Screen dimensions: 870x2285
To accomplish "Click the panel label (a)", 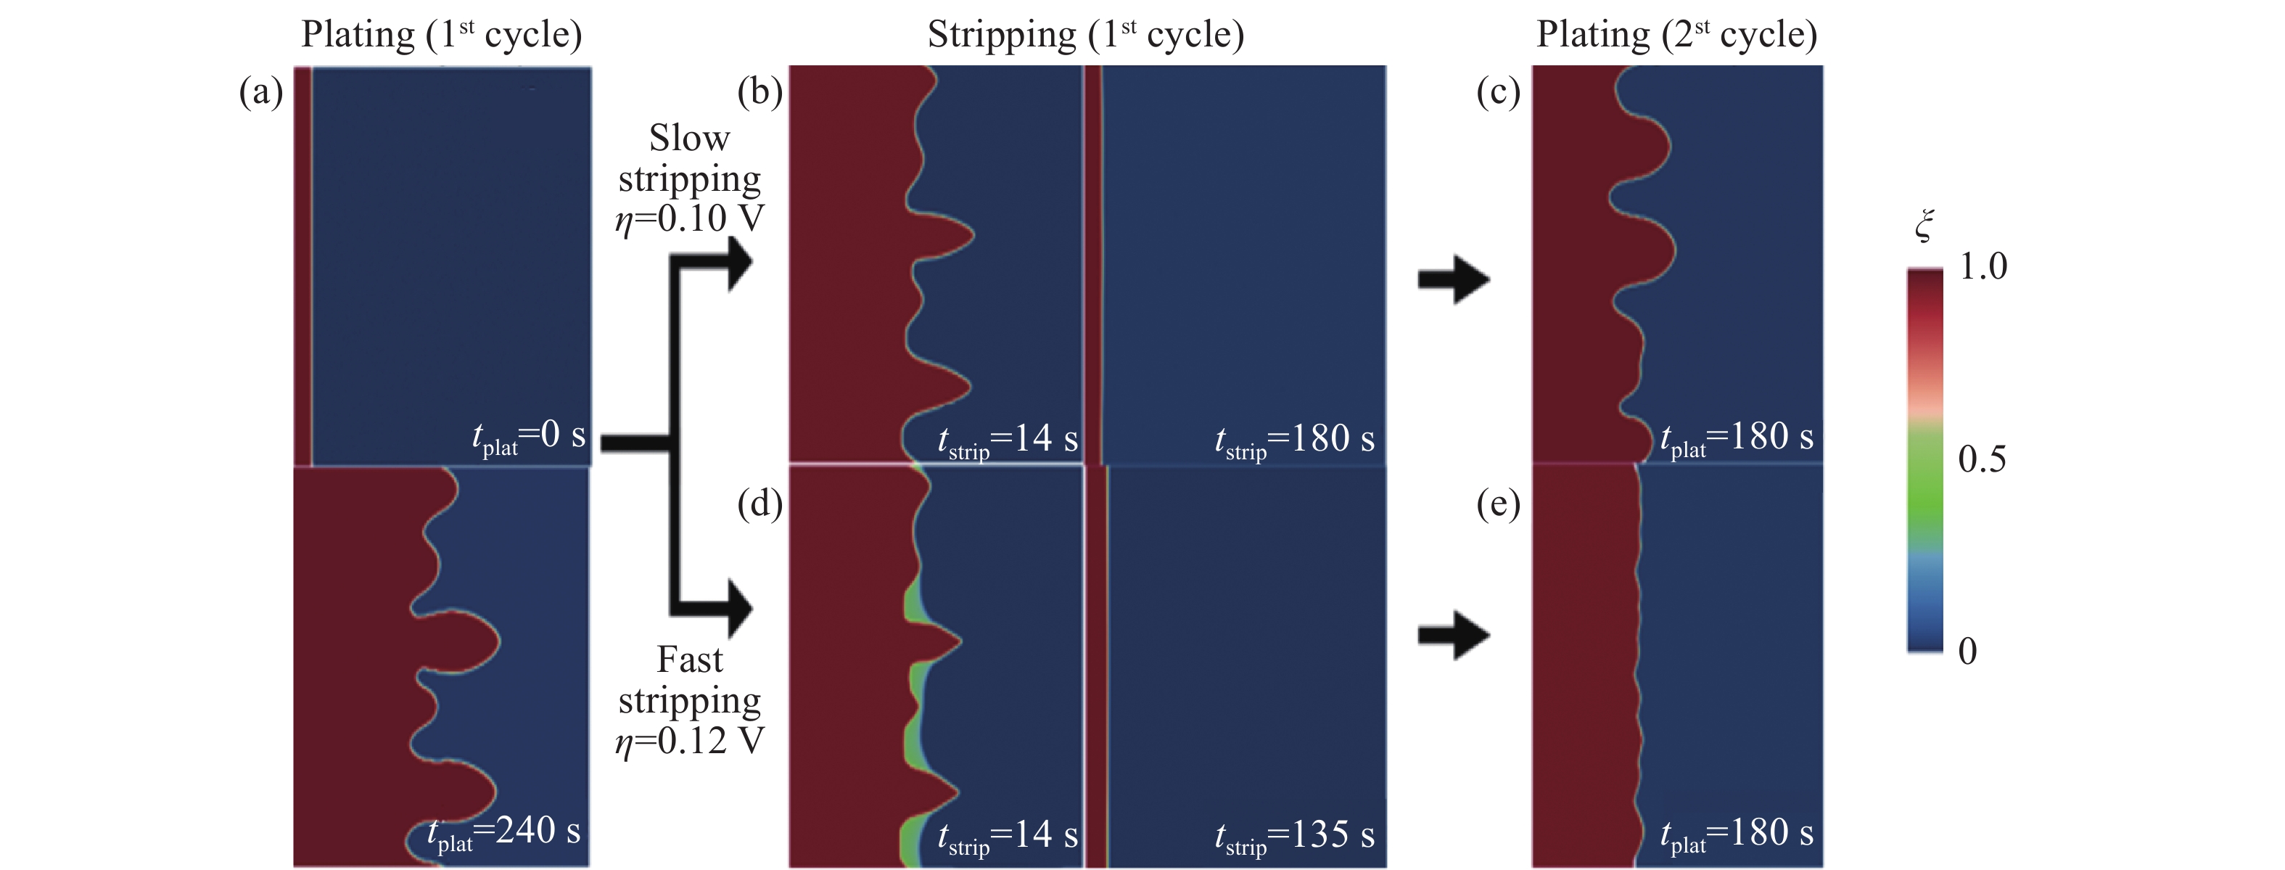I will click(260, 92).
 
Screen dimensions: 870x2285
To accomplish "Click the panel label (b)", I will click(759, 92).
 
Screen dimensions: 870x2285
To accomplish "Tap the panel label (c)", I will click(1498, 92).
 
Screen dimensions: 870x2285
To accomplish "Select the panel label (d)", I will click(759, 504).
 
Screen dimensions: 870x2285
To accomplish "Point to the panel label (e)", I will click(1498, 504).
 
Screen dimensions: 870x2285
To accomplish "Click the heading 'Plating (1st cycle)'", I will click(442, 36).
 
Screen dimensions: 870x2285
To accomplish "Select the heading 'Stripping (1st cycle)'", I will click(1086, 36).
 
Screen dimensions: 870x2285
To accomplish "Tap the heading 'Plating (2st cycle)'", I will click(1676, 36).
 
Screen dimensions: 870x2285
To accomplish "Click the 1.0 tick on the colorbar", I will click(1983, 266).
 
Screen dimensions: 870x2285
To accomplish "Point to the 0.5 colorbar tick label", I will click(1982, 459).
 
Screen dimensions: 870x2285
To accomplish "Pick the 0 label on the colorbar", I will click(1967, 651).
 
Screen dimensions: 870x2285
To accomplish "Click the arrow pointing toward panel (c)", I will click(1453, 279).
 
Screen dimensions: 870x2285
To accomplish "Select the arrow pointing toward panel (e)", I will click(1453, 635).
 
